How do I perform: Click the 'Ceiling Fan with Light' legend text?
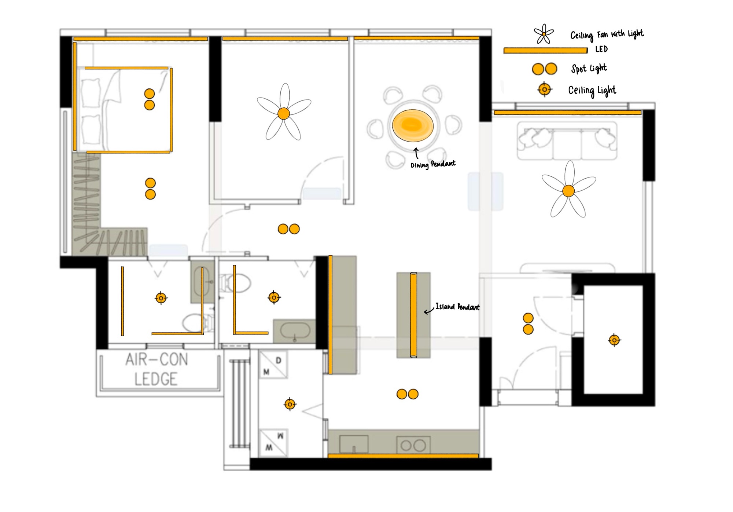pyautogui.click(x=607, y=34)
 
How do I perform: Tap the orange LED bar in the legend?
pyautogui.click(x=545, y=51)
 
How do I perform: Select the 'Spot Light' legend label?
pyautogui.click(x=589, y=68)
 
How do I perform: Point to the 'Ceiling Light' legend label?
pyautogui.click(x=592, y=91)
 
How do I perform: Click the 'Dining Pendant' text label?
pyautogui.click(x=433, y=164)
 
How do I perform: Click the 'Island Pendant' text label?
pyautogui.click(x=457, y=307)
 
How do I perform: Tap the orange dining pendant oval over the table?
pyautogui.click(x=413, y=125)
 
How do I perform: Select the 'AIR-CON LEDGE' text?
pyautogui.click(x=156, y=369)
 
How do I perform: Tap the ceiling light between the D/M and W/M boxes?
pyautogui.click(x=290, y=404)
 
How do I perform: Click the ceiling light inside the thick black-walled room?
pyautogui.click(x=614, y=340)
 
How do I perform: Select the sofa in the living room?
pyautogui.click(x=567, y=141)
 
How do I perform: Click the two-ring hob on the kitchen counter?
pyautogui.click(x=413, y=445)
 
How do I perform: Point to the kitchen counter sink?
pyautogui.click(x=354, y=445)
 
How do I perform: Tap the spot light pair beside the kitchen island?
pyautogui.click(x=408, y=394)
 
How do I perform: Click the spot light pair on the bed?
pyautogui.click(x=150, y=99)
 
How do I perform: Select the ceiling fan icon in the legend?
pyautogui.click(x=544, y=34)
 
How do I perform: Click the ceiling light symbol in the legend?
pyautogui.click(x=545, y=89)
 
